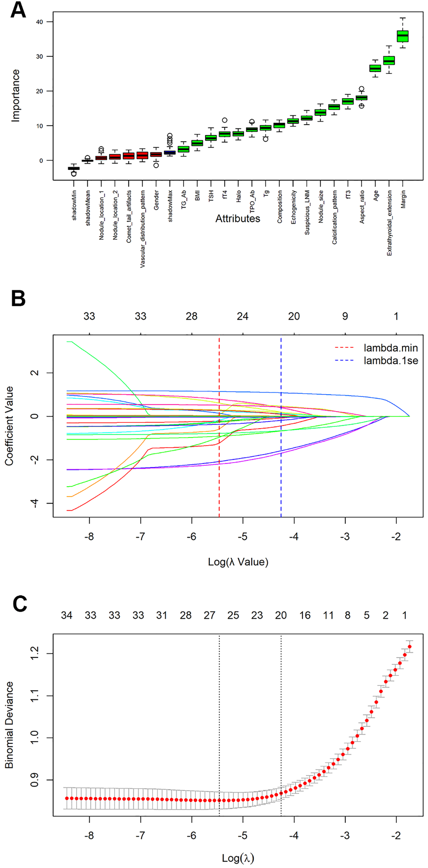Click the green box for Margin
pos(402,36)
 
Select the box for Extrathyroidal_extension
pos(389,60)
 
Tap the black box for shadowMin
pos(74,168)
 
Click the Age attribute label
pos(376,195)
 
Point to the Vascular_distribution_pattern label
pos(143,229)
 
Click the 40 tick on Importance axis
pos(39,22)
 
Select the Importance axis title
pos(15,96)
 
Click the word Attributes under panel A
pos(237,219)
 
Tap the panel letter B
pos(18,299)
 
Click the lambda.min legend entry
pos(390,348)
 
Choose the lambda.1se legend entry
pos(390,361)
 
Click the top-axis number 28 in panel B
pos(191,316)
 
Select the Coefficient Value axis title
pos(9,425)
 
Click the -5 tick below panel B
pos(242,537)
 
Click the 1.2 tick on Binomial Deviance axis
pos(34,653)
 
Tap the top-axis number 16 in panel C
pos(305,615)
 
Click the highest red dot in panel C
pos(409,647)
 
